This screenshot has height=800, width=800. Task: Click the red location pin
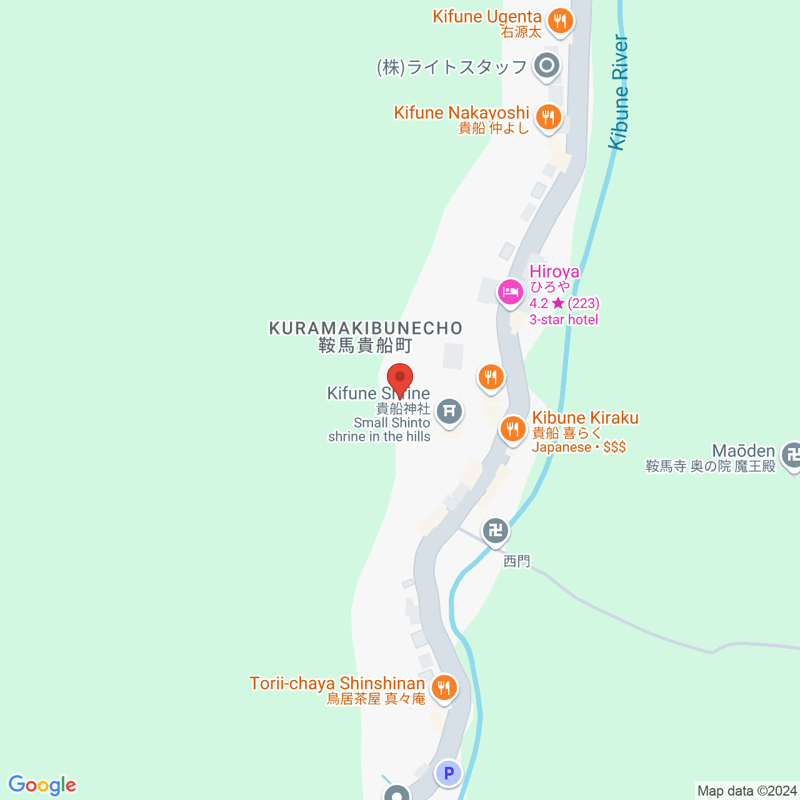(x=400, y=379)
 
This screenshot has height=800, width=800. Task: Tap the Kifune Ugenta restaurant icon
(x=560, y=22)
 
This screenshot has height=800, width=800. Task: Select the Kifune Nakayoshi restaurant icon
(x=548, y=117)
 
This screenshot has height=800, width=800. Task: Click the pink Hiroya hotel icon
(x=511, y=291)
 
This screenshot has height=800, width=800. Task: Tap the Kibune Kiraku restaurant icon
(x=512, y=429)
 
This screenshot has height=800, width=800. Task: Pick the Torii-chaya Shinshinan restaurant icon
(x=444, y=688)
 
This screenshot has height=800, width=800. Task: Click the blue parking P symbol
(x=448, y=773)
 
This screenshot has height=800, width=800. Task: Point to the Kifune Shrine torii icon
(x=449, y=411)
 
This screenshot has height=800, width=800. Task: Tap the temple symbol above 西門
(x=496, y=531)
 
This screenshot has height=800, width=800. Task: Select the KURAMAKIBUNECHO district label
(x=366, y=328)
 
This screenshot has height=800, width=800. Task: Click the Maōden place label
(x=744, y=451)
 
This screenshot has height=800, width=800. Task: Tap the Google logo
(x=42, y=785)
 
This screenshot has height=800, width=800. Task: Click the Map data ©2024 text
(x=747, y=791)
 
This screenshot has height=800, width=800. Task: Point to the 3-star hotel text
(x=564, y=319)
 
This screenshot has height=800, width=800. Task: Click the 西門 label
(x=517, y=561)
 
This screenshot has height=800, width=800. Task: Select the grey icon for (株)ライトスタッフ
(x=547, y=65)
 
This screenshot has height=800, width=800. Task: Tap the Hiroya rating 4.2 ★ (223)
(x=564, y=304)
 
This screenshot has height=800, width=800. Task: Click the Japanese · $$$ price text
(x=579, y=447)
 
